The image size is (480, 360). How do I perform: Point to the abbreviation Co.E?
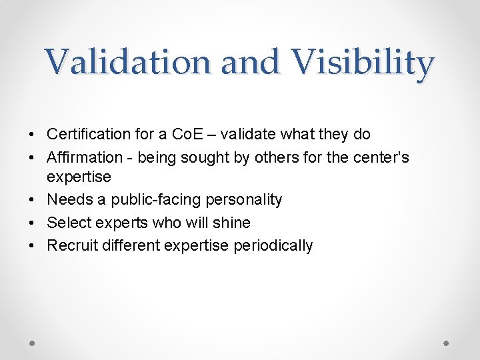tap(189, 134)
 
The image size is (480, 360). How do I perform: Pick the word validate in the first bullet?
tap(249, 134)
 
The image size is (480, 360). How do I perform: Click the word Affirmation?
tap(85, 157)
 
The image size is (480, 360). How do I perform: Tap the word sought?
tap(199, 157)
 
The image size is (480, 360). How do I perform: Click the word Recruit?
tap(71, 245)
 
